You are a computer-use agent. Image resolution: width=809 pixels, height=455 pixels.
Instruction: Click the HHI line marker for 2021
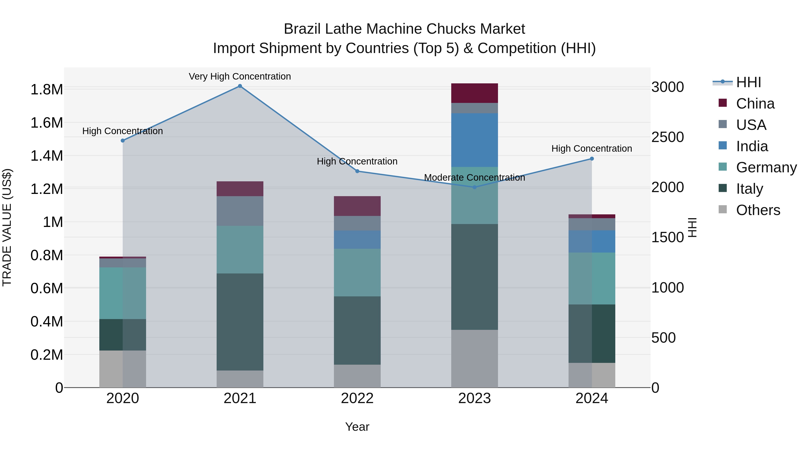[240, 86]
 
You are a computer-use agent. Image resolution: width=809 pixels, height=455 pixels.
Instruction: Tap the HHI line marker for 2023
[475, 187]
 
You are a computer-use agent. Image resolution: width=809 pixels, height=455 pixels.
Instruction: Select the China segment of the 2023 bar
[475, 93]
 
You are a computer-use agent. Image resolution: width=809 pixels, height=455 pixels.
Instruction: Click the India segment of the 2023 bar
[475, 140]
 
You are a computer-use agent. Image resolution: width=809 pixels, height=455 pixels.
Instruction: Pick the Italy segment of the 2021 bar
[240, 322]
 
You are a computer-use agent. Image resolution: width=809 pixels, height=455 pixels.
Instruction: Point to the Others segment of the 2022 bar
[357, 376]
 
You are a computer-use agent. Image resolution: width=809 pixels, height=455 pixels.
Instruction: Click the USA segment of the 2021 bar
[240, 211]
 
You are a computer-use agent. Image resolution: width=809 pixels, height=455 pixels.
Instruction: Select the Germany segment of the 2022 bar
[357, 273]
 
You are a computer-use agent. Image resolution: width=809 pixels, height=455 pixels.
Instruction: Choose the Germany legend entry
[766, 167]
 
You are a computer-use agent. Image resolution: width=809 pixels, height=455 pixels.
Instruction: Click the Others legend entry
[758, 210]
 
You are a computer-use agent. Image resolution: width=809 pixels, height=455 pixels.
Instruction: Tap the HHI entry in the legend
[748, 82]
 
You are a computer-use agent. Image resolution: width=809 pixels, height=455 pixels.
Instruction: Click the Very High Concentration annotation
[240, 76]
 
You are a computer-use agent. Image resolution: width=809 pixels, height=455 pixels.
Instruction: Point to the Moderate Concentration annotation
[475, 178]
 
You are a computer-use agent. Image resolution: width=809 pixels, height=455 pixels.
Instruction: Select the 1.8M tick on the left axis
[47, 89]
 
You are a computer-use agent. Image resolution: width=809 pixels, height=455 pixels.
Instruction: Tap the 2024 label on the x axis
[592, 398]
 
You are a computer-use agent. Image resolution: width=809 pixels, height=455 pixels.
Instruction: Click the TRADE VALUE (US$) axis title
[7, 227]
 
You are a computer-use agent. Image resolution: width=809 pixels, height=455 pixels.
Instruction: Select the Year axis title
[357, 427]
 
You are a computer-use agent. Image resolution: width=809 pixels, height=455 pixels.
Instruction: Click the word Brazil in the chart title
[302, 29]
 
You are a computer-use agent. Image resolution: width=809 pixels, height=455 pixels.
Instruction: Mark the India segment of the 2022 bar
[357, 240]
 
